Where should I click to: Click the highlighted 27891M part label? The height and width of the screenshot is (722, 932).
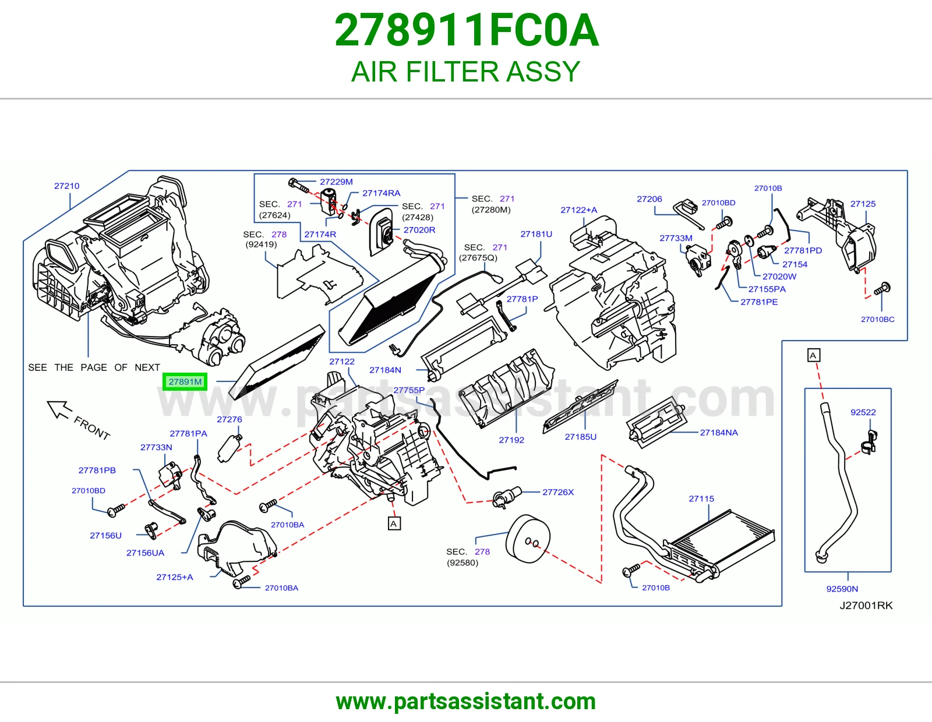pyautogui.click(x=185, y=381)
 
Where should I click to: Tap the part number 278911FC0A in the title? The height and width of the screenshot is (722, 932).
pyautogui.click(x=466, y=30)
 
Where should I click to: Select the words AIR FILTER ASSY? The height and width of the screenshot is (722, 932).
pyautogui.click(x=466, y=72)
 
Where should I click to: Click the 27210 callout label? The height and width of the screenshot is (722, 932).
pyautogui.click(x=67, y=186)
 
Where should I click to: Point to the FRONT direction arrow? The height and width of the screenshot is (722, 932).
pyautogui.click(x=59, y=410)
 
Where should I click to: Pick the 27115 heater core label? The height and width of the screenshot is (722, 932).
pyautogui.click(x=701, y=498)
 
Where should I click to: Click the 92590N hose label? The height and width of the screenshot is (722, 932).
pyautogui.click(x=842, y=589)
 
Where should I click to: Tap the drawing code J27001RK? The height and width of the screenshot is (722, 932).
pyautogui.click(x=866, y=606)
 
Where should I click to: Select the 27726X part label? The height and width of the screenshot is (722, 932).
pyautogui.click(x=558, y=492)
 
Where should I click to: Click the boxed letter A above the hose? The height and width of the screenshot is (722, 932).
pyautogui.click(x=813, y=355)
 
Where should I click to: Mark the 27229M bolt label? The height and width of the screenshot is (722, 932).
pyautogui.click(x=336, y=182)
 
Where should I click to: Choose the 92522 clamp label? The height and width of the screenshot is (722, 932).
pyautogui.click(x=863, y=412)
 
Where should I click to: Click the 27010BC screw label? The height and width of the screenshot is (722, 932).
pyautogui.click(x=877, y=320)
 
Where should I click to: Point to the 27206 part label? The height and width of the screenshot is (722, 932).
pyautogui.click(x=649, y=199)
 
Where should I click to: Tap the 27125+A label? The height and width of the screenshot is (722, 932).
pyautogui.click(x=175, y=577)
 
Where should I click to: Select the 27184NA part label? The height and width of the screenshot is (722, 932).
pyautogui.click(x=719, y=433)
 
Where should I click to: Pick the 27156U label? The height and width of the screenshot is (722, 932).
pyautogui.click(x=105, y=536)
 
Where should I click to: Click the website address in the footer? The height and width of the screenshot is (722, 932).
pyautogui.click(x=466, y=702)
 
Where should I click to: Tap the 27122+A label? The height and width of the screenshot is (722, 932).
pyautogui.click(x=578, y=210)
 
